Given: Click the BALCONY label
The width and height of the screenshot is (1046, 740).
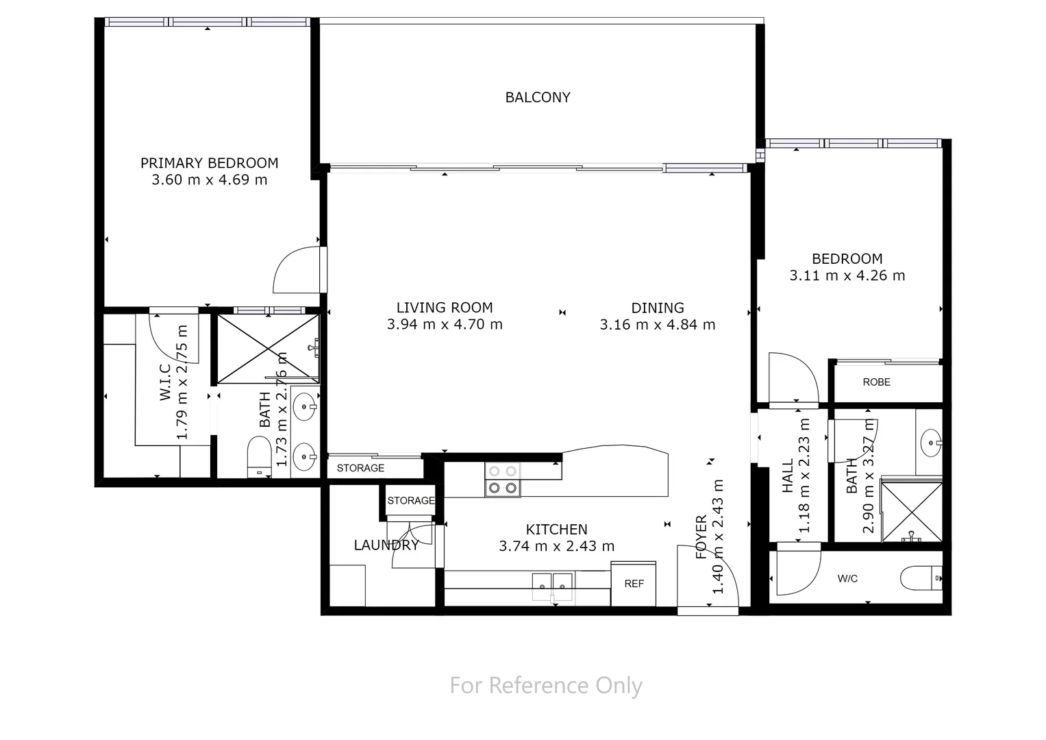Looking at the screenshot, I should coord(538,97).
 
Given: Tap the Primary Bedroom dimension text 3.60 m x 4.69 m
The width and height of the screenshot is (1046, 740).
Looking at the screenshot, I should coord(209,180).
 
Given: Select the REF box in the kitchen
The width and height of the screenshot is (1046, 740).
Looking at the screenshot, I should coord(634,584).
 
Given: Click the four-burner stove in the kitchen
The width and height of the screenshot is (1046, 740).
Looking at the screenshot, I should coord(502,479).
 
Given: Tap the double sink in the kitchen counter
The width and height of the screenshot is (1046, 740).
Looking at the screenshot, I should coord(552,586).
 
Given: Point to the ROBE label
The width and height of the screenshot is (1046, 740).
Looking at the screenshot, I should coord(876,382).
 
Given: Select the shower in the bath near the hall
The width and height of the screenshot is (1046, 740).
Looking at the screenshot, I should coord(910,511).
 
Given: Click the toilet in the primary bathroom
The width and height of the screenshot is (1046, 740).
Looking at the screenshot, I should coord(258,458).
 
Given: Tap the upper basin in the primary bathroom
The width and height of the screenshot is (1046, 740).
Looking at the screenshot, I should coord(303,408).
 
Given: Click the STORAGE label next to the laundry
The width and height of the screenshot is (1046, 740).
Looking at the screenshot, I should coord(410,501).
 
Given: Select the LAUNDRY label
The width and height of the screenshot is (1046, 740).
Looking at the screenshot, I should coord(386,545).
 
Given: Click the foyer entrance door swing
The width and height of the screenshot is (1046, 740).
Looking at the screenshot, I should coord(706,576).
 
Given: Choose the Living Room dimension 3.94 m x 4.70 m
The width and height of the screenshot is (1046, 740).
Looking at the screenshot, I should coord(445,325).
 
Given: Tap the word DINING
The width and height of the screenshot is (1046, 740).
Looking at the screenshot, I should coord(657,308).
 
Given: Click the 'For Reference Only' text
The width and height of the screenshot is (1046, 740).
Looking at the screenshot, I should coord(546,685).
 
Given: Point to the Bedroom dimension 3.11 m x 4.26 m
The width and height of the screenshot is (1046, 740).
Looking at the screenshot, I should coord(847,276).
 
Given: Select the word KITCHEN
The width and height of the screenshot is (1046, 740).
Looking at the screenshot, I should coord(556,530).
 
